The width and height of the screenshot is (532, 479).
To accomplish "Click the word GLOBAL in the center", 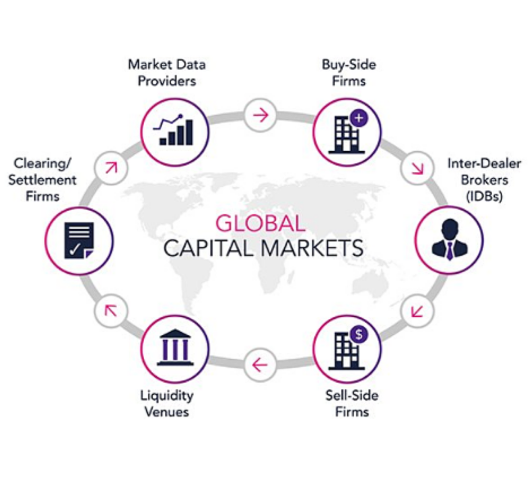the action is [x=260, y=224].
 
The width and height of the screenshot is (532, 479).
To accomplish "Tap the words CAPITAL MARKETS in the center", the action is [x=263, y=248].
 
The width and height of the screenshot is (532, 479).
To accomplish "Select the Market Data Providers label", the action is [x=167, y=72].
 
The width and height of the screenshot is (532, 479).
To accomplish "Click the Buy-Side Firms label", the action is [x=349, y=72].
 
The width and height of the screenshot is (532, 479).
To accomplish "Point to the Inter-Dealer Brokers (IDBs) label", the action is [x=484, y=179].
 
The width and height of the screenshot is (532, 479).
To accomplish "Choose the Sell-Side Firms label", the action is [x=352, y=403].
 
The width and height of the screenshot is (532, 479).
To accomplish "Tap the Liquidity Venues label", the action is [x=167, y=403].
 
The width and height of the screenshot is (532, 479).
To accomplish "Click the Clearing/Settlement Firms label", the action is [x=43, y=179].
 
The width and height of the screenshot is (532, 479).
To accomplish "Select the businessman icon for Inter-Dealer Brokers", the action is [x=450, y=240].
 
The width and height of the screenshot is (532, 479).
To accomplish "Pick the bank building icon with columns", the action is [x=175, y=348].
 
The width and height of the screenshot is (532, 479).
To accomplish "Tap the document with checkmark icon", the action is [x=79, y=240].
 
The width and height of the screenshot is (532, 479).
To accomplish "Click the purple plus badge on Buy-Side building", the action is [x=359, y=119].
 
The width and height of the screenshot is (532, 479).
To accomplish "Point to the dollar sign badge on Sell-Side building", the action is [x=359, y=335].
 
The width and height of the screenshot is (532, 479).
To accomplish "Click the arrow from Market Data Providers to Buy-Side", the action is [x=261, y=115].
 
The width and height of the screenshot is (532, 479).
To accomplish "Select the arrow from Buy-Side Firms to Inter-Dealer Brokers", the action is [x=418, y=168].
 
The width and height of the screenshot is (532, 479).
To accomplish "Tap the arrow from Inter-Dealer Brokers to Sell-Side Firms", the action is [x=417, y=311].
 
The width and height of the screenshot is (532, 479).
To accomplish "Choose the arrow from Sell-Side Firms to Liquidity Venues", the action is [x=260, y=365].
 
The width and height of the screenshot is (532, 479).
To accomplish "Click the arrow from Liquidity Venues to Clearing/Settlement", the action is [x=111, y=310].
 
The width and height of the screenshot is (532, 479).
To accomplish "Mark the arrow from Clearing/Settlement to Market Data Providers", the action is [x=111, y=168].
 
